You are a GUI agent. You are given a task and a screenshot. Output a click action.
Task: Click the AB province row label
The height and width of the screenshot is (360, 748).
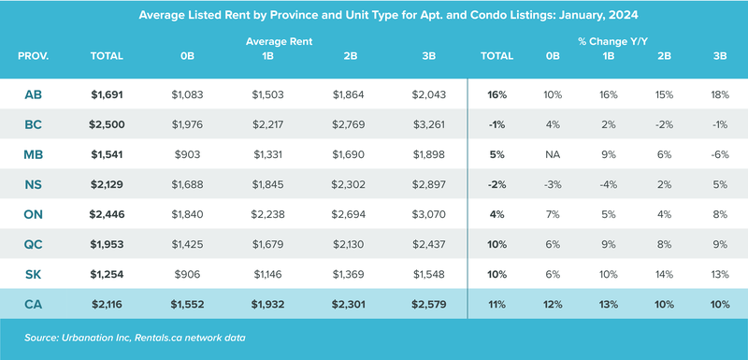tap(33, 94)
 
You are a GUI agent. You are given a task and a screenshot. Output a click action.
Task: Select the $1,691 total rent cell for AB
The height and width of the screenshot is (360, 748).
tap(107, 94)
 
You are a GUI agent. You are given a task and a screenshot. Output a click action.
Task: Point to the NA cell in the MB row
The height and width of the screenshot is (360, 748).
tap(553, 154)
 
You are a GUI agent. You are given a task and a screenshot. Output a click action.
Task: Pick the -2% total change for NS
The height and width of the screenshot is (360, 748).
tap(496, 184)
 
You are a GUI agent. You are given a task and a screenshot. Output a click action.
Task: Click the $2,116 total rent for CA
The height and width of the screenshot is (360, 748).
tap(107, 305)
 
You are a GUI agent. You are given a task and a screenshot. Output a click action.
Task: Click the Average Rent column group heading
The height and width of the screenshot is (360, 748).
tap(279, 42)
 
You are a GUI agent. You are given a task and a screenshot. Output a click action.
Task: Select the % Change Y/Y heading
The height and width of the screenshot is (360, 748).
tap(612, 42)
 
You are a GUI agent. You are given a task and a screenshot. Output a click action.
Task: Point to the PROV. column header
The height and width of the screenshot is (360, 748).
tap(33, 56)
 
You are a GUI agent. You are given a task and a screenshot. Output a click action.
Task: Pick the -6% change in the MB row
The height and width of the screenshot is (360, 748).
tap(719, 154)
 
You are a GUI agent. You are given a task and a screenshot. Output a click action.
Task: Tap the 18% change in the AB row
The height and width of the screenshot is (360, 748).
tap(719, 94)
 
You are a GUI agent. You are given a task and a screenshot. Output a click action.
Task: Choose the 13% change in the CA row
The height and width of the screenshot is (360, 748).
tap(610, 305)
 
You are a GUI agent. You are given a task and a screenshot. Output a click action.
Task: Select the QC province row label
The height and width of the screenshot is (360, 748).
tap(33, 244)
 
